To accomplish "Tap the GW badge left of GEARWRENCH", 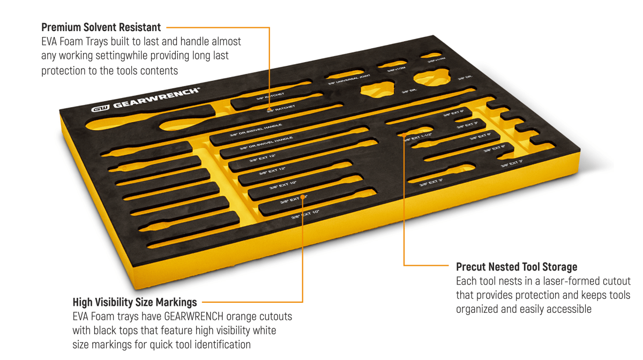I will [101, 108].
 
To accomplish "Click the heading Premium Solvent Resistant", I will [101, 27].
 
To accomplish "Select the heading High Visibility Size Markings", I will [134, 302].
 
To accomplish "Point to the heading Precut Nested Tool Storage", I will [517, 266].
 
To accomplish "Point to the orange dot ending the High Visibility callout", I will [303, 197].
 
